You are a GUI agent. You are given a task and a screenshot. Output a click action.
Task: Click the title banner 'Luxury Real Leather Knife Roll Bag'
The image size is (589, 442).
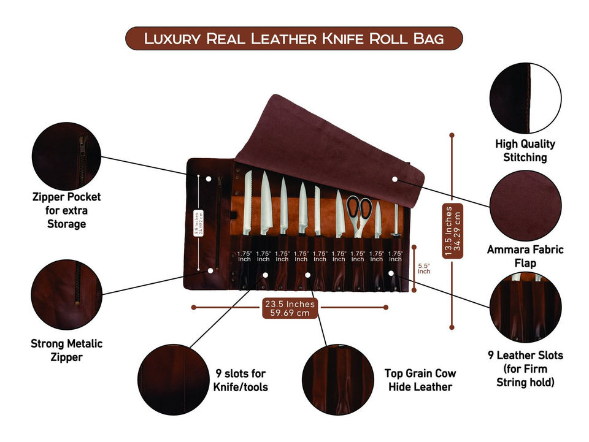pos(294,39)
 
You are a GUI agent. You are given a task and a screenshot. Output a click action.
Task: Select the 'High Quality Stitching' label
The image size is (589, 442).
pos(525,151)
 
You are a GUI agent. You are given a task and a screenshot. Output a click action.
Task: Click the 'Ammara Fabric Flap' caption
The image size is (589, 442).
pos(525,256)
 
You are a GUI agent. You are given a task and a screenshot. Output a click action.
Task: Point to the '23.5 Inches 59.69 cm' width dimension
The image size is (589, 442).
pos(290,308)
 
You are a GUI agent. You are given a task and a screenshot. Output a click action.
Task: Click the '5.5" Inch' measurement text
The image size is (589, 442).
pos(424,268)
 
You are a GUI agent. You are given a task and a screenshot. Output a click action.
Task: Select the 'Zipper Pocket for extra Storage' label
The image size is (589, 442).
pos(66,210)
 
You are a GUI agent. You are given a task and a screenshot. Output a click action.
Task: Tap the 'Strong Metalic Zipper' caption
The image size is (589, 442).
pos(66,350)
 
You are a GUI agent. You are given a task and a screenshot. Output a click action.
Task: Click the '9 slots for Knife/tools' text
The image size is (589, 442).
pos(241,379)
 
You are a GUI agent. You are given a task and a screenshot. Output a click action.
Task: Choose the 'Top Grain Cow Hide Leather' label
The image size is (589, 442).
pos(420,379)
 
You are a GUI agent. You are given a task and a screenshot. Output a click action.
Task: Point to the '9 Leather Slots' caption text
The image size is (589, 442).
pos(525,355)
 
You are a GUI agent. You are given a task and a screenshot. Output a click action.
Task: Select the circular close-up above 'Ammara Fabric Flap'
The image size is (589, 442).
pos(525,206)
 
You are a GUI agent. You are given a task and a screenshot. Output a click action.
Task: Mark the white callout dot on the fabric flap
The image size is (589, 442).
pos(395,179)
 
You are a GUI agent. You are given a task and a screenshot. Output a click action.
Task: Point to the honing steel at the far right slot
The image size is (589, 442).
pos(396,221)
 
